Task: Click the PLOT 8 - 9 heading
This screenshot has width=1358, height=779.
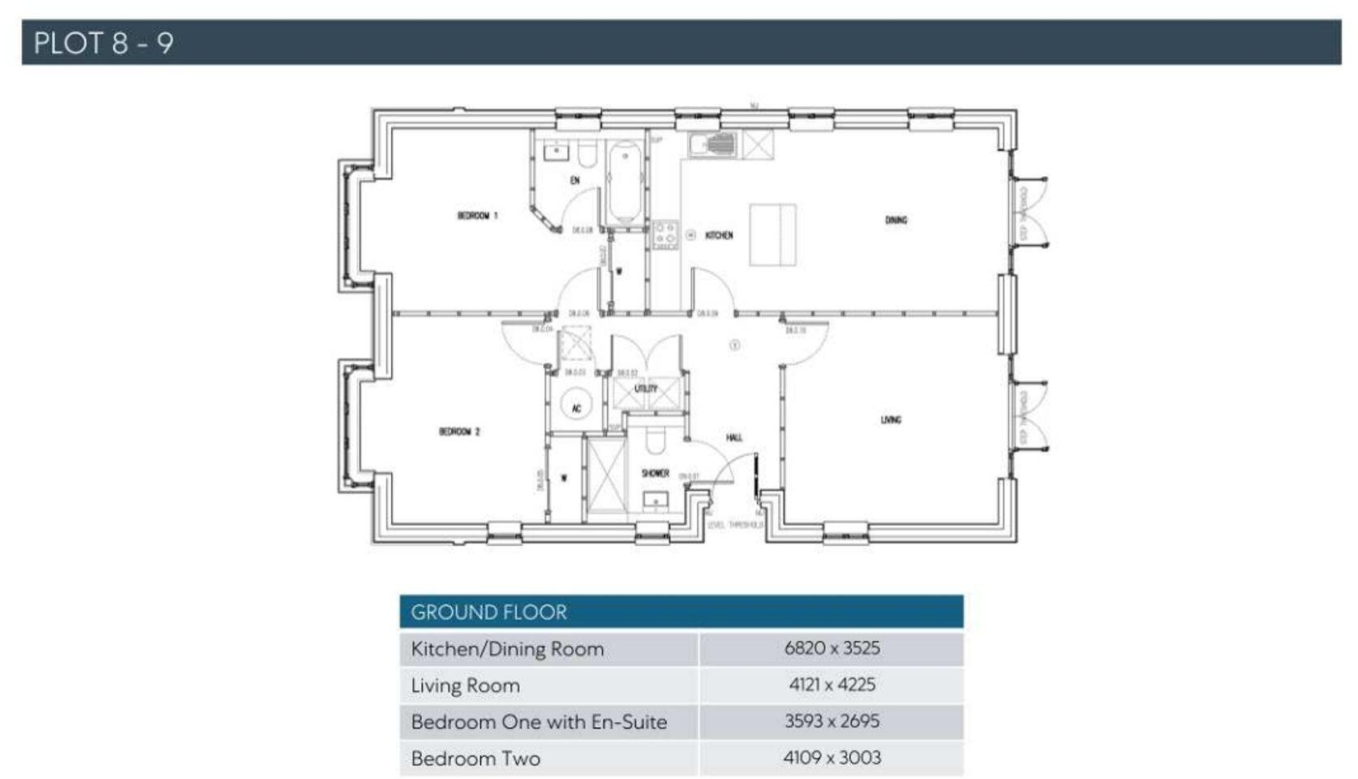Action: pyautogui.click(x=103, y=43)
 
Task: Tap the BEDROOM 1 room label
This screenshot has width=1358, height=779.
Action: pyautogui.click(x=477, y=216)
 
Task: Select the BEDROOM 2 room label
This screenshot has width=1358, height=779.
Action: pyautogui.click(x=459, y=432)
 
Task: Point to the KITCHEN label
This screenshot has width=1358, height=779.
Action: pyautogui.click(x=719, y=235)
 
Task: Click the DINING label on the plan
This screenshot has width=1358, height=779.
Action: pyautogui.click(x=896, y=220)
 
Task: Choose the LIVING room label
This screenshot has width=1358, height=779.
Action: pyautogui.click(x=891, y=420)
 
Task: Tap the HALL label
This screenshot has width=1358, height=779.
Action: pyautogui.click(x=734, y=438)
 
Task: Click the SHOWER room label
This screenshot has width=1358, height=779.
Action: pyautogui.click(x=655, y=473)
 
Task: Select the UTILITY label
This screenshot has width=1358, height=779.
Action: pyautogui.click(x=646, y=389)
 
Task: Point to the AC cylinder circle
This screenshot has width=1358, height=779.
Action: pyautogui.click(x=577, y=406)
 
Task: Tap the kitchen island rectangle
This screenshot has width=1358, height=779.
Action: pyautogui.click(x=772, y=235)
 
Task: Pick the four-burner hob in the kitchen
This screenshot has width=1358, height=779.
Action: pyautogui.click(x=665, y=235)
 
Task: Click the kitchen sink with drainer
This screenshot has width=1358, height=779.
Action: pyautogui.click(x=714, y=145)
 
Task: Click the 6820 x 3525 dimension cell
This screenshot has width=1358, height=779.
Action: pyautogui.click(x=832, y=648)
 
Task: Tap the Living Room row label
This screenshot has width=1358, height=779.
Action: pyautogui.click(x=466, y=686)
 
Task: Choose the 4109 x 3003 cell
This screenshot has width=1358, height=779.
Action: pyautogui.click(x=832, y=758)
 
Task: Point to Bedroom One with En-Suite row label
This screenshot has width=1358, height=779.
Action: pyautogui.click(x=539, y=722)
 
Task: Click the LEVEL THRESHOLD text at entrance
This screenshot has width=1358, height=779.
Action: pyautogui.click(x=735, y=525)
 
